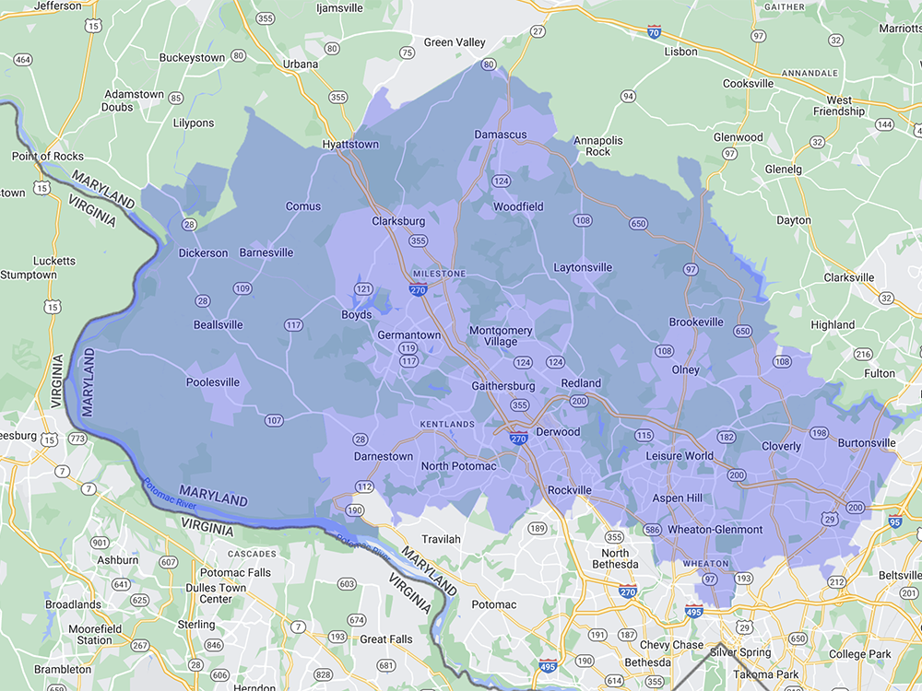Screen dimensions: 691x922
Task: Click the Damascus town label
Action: click(x=500, y=135)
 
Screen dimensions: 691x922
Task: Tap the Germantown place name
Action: click(x=408, y=335)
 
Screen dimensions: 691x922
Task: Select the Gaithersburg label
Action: click(x=503, y=385)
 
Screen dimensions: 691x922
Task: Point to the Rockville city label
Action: click(x=569, y=490)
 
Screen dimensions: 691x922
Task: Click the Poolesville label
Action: click(x=213, y=382)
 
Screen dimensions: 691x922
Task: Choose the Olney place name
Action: click(x=685, y=370)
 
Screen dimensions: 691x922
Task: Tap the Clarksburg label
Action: click(x=398, y=221)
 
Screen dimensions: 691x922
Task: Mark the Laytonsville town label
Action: click(x=583, y=268)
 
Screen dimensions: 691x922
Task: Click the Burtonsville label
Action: click(x=867, y=443)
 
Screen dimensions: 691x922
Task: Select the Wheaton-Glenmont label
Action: click(x=715, y=530)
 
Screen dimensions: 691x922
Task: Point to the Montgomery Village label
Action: click(x=501, y=336)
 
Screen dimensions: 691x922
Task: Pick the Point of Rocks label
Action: click(x=48, y=157)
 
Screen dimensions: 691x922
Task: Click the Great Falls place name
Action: click(x=386, y=639)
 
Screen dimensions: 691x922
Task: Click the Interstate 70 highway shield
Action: click(x=655, y=31)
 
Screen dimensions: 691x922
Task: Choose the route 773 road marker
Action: click(x=77, y=439)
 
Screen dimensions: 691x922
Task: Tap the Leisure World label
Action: click(x=680, y=456)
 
